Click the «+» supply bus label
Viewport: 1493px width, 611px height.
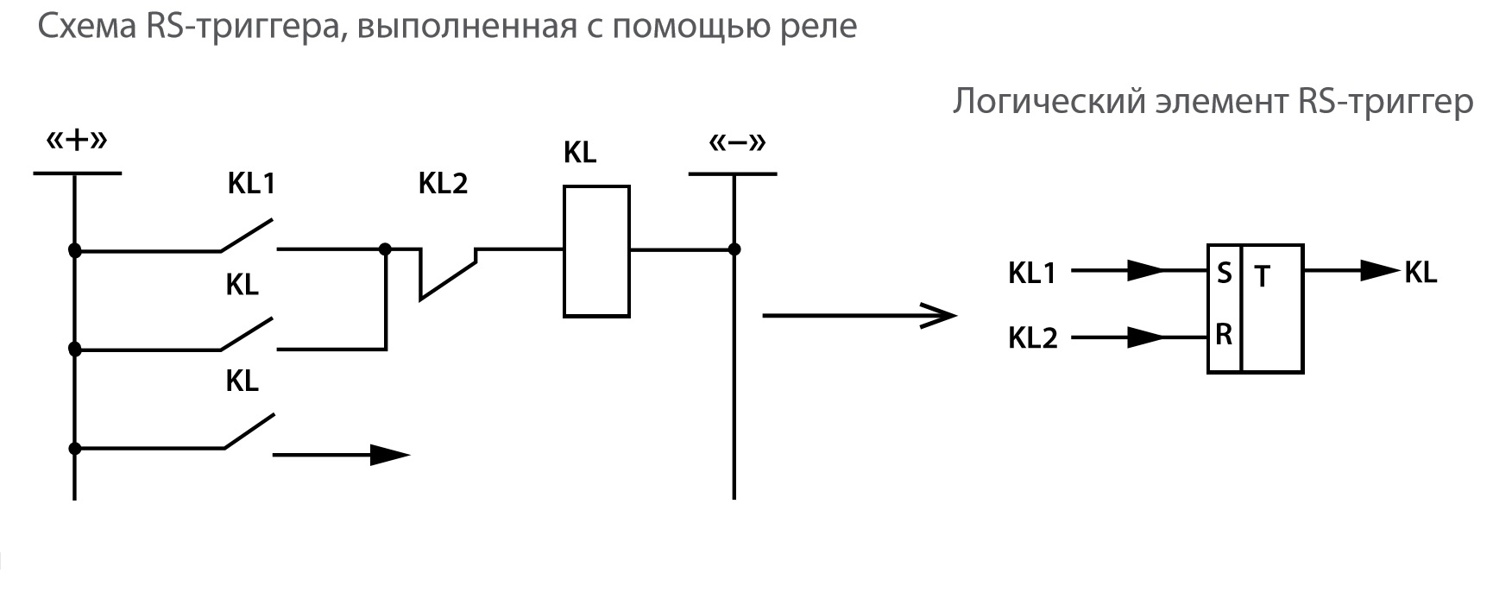click(76, 140)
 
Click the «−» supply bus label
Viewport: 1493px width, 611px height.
click(737, 142)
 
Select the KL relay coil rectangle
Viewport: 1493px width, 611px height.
click(596, 251)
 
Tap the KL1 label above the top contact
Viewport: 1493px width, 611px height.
click(251, 184)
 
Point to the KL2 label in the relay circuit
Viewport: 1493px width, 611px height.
click(443, 184)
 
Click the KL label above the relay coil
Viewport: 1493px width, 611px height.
click(580, 153)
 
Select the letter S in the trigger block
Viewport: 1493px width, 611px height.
click(1224, 274)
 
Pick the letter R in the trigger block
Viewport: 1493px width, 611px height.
click(1224, 335)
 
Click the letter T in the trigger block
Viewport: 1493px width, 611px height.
click(1263, 277)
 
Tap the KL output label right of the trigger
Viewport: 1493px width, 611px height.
click(1421, 273)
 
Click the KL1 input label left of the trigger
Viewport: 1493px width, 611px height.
click(1032, 274)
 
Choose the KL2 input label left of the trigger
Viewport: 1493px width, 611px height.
click(1032, 338)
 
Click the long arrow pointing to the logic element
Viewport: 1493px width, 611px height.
click(859, 315)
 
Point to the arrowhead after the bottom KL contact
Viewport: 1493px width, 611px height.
click(389, 455)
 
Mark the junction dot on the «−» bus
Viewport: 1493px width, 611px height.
click(734, 250)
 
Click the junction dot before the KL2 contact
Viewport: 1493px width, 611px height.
click(386, 250)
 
